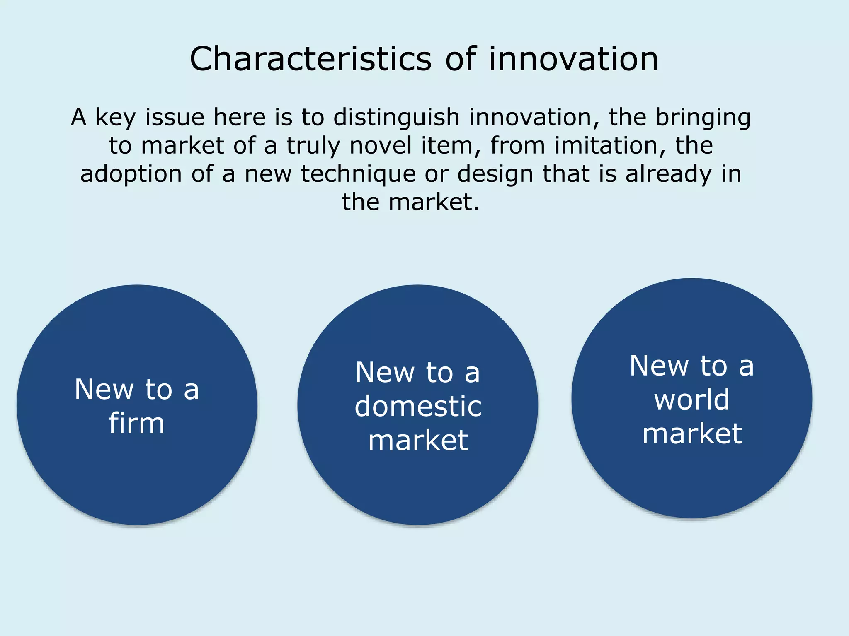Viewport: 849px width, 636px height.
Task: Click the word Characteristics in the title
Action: coord(310,59)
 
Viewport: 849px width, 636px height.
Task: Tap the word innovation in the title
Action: coord(573,59)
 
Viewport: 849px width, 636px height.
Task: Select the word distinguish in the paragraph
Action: coord(396,118)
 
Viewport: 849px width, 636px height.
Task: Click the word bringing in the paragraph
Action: coord(703,118)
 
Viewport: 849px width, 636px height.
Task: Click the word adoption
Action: coord(131,174)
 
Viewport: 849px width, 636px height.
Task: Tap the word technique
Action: coord(358,174)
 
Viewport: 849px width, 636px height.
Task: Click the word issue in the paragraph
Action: coord(175,118)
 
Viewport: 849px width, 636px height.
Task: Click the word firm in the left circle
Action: coord(137,424)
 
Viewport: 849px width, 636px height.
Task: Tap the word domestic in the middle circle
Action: coord(418,406)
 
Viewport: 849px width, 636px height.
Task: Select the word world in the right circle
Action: coord(691,400)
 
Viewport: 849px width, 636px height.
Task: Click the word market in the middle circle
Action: coord(418,440)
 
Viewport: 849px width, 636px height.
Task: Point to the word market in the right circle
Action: coord(692,434)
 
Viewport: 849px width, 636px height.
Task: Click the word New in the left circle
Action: coord(104,390)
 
